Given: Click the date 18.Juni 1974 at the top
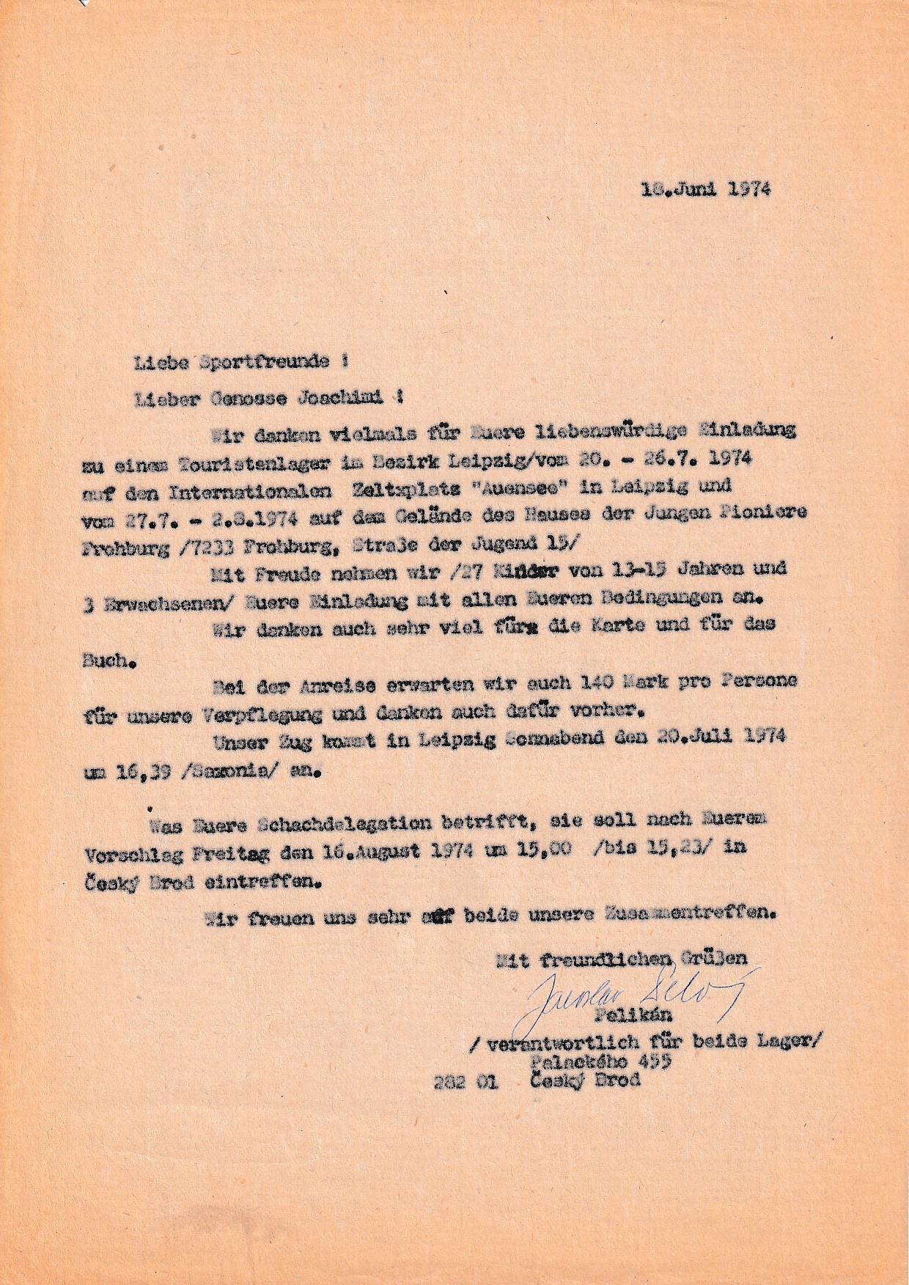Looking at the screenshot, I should coord(706,189).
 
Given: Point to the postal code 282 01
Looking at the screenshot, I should coord(466,1080).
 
